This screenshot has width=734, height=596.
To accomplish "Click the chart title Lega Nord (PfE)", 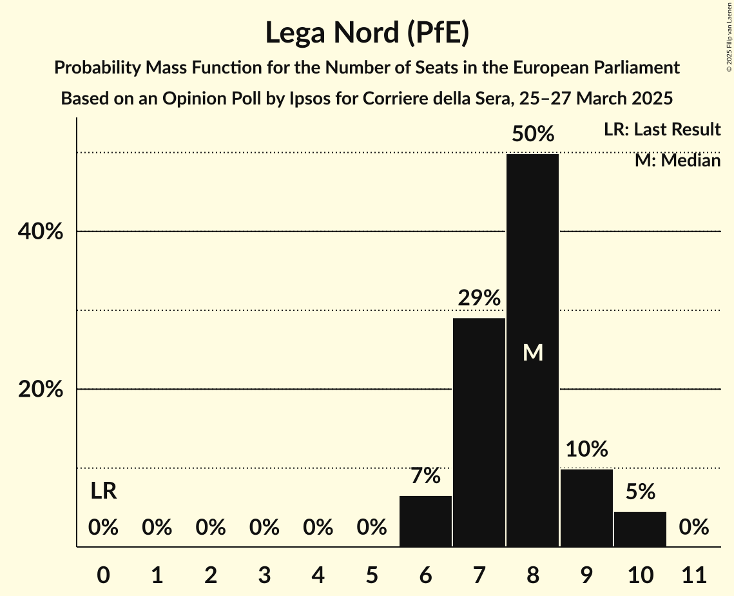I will pyautogui.click(x=367, y=32).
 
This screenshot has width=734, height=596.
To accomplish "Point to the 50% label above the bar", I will pyautogui.click(x=532, y=134).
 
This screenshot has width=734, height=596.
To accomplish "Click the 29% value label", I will pyautogui.click(x=479, y=298).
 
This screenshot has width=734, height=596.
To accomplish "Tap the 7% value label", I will pyautogui.click(x=425, y=476).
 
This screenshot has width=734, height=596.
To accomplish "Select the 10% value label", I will pyautogui.click(x=586, y=449).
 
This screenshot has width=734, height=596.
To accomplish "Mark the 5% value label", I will pyautogui.click(x=640, y=492).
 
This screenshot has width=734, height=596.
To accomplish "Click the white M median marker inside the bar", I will pyautogui.click(x=532, y=352).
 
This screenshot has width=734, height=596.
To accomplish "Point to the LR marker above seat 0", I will pyautogui.click(x=103, y=492).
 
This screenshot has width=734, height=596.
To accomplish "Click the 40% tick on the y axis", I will pyautogui.click(x=41, y=232).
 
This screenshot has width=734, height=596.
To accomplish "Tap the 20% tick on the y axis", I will pyautogui.click(x=41, y=390).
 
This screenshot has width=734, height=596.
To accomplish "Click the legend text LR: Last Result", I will pyautogui.click(x=662, y=130).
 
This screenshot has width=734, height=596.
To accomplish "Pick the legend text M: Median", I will pyautogui.click(x=677, y=160).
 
